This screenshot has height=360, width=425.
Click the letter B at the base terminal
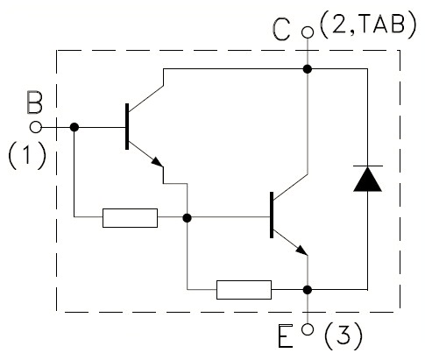(x=35, y=102)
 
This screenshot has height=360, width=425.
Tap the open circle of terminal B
(x=36, y=127)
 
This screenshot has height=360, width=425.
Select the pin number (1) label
(x=27, y=156)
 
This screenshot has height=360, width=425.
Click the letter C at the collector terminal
(x=280, y=29)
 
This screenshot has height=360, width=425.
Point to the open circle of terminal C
(x=308, y=32)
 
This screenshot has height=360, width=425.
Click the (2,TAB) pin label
(x=368, y=25)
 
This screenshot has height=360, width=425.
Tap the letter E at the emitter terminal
(x=285, y=336)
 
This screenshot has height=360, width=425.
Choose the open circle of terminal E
(x=308, y=329)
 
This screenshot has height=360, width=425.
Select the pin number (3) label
(x=344, y=336)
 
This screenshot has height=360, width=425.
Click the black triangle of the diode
(x=367, y=179)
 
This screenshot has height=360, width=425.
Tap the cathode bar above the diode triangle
(x=368, y=166)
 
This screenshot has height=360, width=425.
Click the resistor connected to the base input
(x=130, y=218)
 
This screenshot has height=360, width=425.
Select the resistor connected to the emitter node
(x=244, y=290)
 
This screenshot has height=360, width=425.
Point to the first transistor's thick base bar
(x=127, y=126)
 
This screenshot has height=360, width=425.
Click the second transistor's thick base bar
(x=272, y=215)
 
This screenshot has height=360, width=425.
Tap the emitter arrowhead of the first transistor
(x=158, y=162)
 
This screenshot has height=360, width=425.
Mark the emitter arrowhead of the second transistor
(x=302, y=251)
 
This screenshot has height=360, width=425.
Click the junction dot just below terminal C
(x=308, y=69)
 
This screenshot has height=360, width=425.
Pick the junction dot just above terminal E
(x=308, y=290)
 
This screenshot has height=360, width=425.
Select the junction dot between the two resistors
(x=187, y=218)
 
